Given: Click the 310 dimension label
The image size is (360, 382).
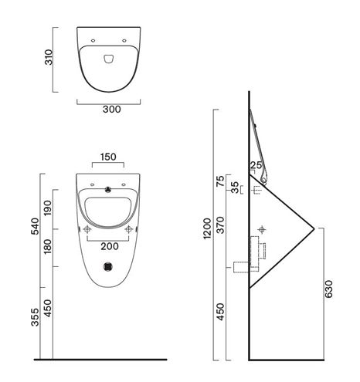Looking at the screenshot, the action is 49,57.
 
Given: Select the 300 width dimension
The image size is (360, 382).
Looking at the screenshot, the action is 112,110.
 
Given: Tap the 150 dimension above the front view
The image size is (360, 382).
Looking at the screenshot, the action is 108,157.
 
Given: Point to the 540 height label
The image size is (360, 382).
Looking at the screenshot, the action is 35,226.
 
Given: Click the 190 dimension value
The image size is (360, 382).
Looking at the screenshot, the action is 48,208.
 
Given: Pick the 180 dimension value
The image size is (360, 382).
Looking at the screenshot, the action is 48,246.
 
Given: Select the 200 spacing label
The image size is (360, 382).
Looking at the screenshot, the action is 110,246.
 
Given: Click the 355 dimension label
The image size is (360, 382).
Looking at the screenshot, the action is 35,317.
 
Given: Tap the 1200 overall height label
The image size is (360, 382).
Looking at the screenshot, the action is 207,228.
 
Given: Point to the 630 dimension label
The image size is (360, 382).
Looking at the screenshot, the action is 328,289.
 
